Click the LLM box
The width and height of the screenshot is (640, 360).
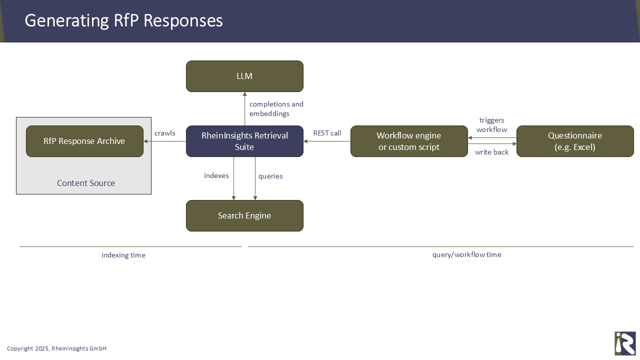[244, 76]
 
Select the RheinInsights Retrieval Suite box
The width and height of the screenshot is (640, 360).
[244, 141]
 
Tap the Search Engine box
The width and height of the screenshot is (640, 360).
[244, 215]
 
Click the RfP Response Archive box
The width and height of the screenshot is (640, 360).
[84, 141]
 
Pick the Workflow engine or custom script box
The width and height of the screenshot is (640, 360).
[409, 141]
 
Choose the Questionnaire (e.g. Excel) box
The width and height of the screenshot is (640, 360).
[575, 141]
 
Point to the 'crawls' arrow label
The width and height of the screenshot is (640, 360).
[165, 133]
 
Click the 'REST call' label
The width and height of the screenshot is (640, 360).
[327, 133]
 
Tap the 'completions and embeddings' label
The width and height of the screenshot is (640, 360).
[276, 109]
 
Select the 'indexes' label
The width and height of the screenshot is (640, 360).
[216, 175]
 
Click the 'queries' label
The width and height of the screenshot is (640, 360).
[270, 176]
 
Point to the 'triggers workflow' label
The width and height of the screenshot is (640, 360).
[491, 125]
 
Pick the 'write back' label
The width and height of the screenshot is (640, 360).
[491, 152]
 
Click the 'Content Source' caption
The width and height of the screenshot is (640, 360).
[86, 183]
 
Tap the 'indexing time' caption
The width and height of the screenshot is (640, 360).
[123, 255]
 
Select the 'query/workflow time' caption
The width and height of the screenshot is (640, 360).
[466, 254]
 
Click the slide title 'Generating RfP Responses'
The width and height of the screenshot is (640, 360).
[124, 20]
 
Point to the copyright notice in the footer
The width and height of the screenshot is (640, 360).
[56, 348]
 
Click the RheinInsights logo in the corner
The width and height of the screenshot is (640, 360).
[625, 343]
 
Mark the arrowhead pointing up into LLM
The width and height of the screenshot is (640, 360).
[244, 94]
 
